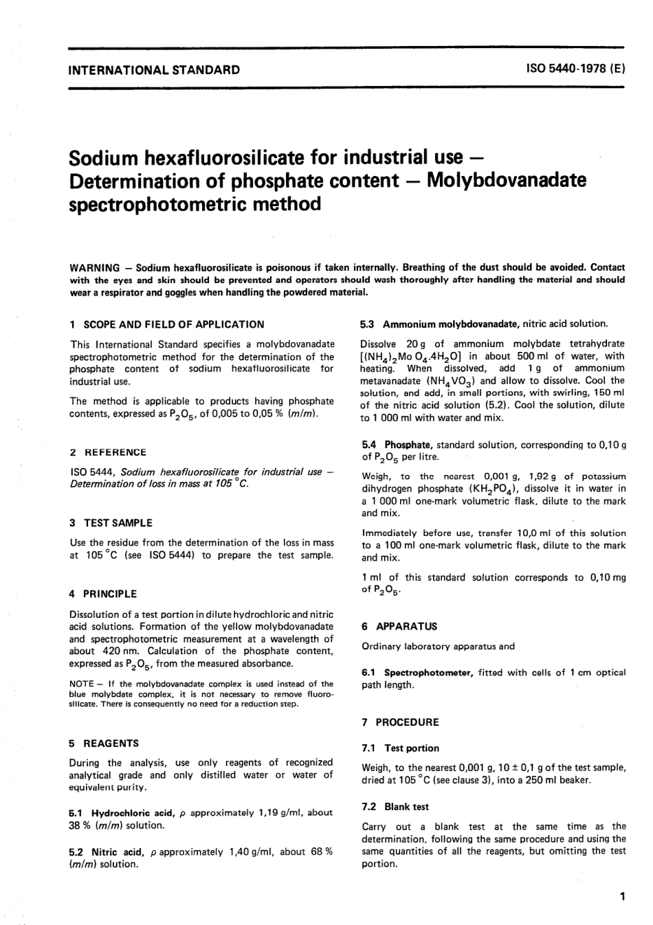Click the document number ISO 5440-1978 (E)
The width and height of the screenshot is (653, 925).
[575, 69]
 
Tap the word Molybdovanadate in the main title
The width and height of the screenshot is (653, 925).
[507, 180]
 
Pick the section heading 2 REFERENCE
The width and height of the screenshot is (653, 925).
[109, 452]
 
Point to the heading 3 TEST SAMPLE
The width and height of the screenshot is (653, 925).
[111, 523]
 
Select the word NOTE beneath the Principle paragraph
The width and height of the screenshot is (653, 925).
[82, 684]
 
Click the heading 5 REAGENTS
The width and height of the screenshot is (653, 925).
[104, 743]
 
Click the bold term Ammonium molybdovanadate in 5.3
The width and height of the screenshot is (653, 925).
[451, 324]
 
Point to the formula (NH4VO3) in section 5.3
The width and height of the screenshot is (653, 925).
[451, 381]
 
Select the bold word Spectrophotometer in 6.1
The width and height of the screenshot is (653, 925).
[428, 673]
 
